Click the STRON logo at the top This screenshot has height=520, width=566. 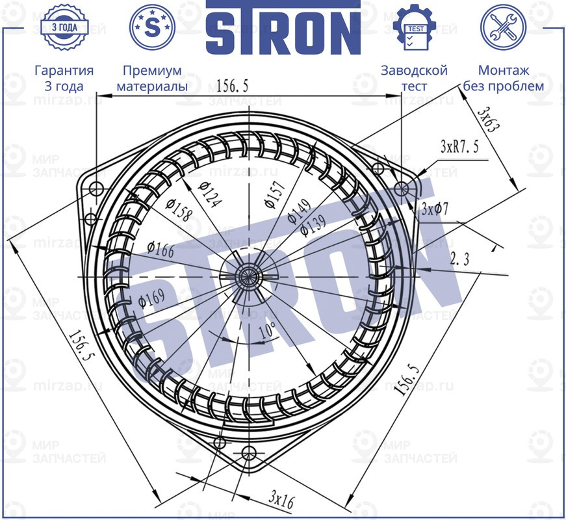(x=283, y=28)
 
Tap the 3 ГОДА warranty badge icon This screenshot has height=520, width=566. (x=64, y=27)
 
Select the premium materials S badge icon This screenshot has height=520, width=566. (x=152, y=27)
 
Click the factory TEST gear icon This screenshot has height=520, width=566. (x=415, y=27)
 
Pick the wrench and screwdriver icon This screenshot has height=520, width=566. (x=502, y=27)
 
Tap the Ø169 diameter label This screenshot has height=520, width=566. (x=151, y=297)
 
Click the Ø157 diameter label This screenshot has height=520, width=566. (x=273, y=193)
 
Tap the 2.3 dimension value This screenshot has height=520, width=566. (x=459, y=259)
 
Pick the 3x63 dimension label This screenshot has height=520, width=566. (x=487, y=120)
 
